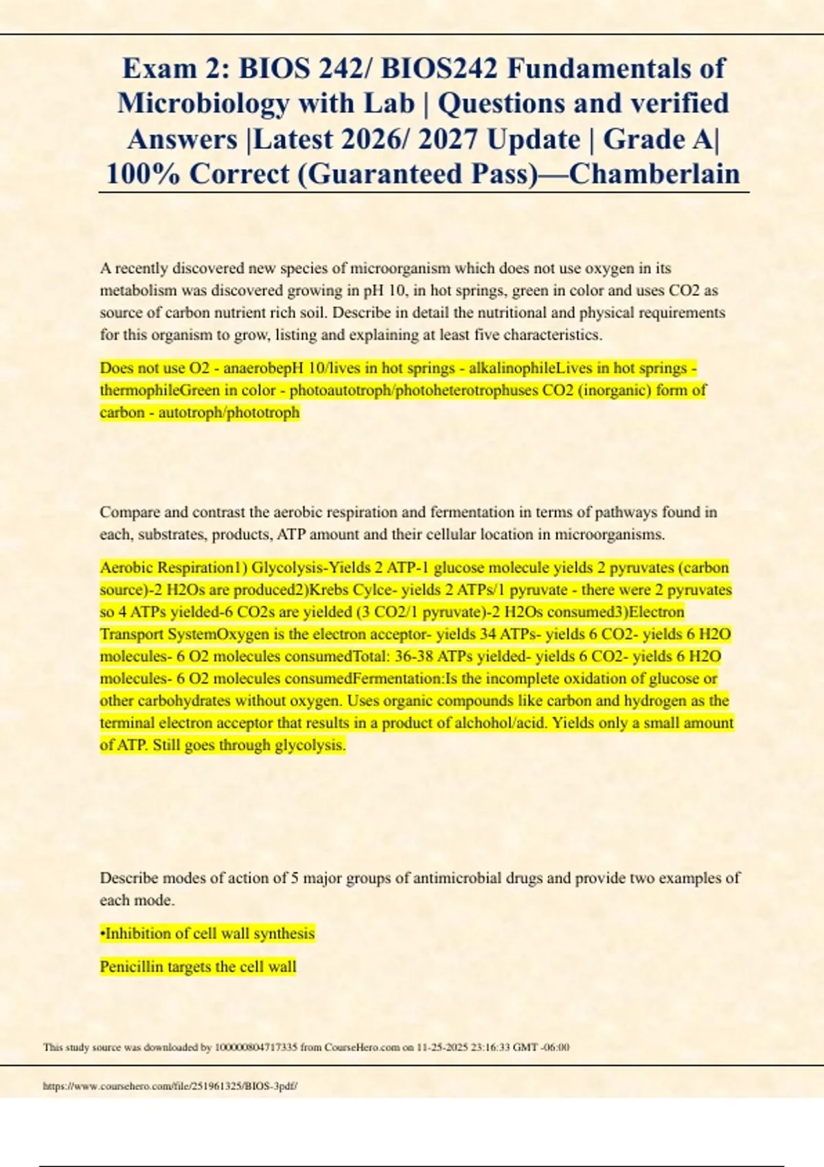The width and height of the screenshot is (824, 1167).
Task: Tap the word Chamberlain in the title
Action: [654, 174]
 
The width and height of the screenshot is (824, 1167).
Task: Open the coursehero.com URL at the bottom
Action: [170, 1086]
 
